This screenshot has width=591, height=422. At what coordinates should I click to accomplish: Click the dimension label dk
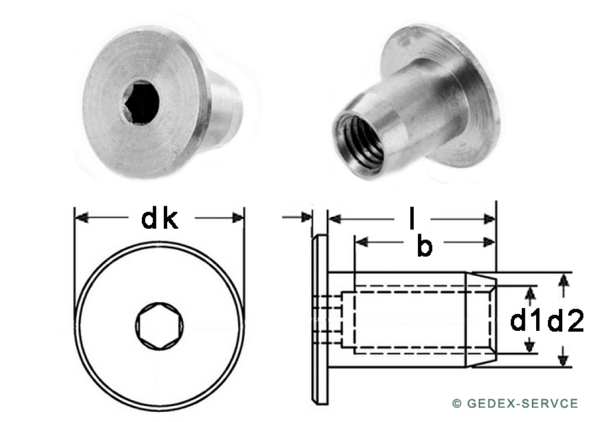159,219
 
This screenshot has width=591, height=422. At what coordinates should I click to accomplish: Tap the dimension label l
413,219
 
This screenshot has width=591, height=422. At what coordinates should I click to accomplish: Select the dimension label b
425,246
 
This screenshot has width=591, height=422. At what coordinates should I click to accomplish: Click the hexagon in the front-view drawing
160,326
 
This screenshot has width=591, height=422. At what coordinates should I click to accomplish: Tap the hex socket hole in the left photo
141,102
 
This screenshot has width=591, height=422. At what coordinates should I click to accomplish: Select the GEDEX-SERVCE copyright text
515,403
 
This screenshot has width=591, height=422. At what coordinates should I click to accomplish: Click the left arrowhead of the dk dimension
82,218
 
